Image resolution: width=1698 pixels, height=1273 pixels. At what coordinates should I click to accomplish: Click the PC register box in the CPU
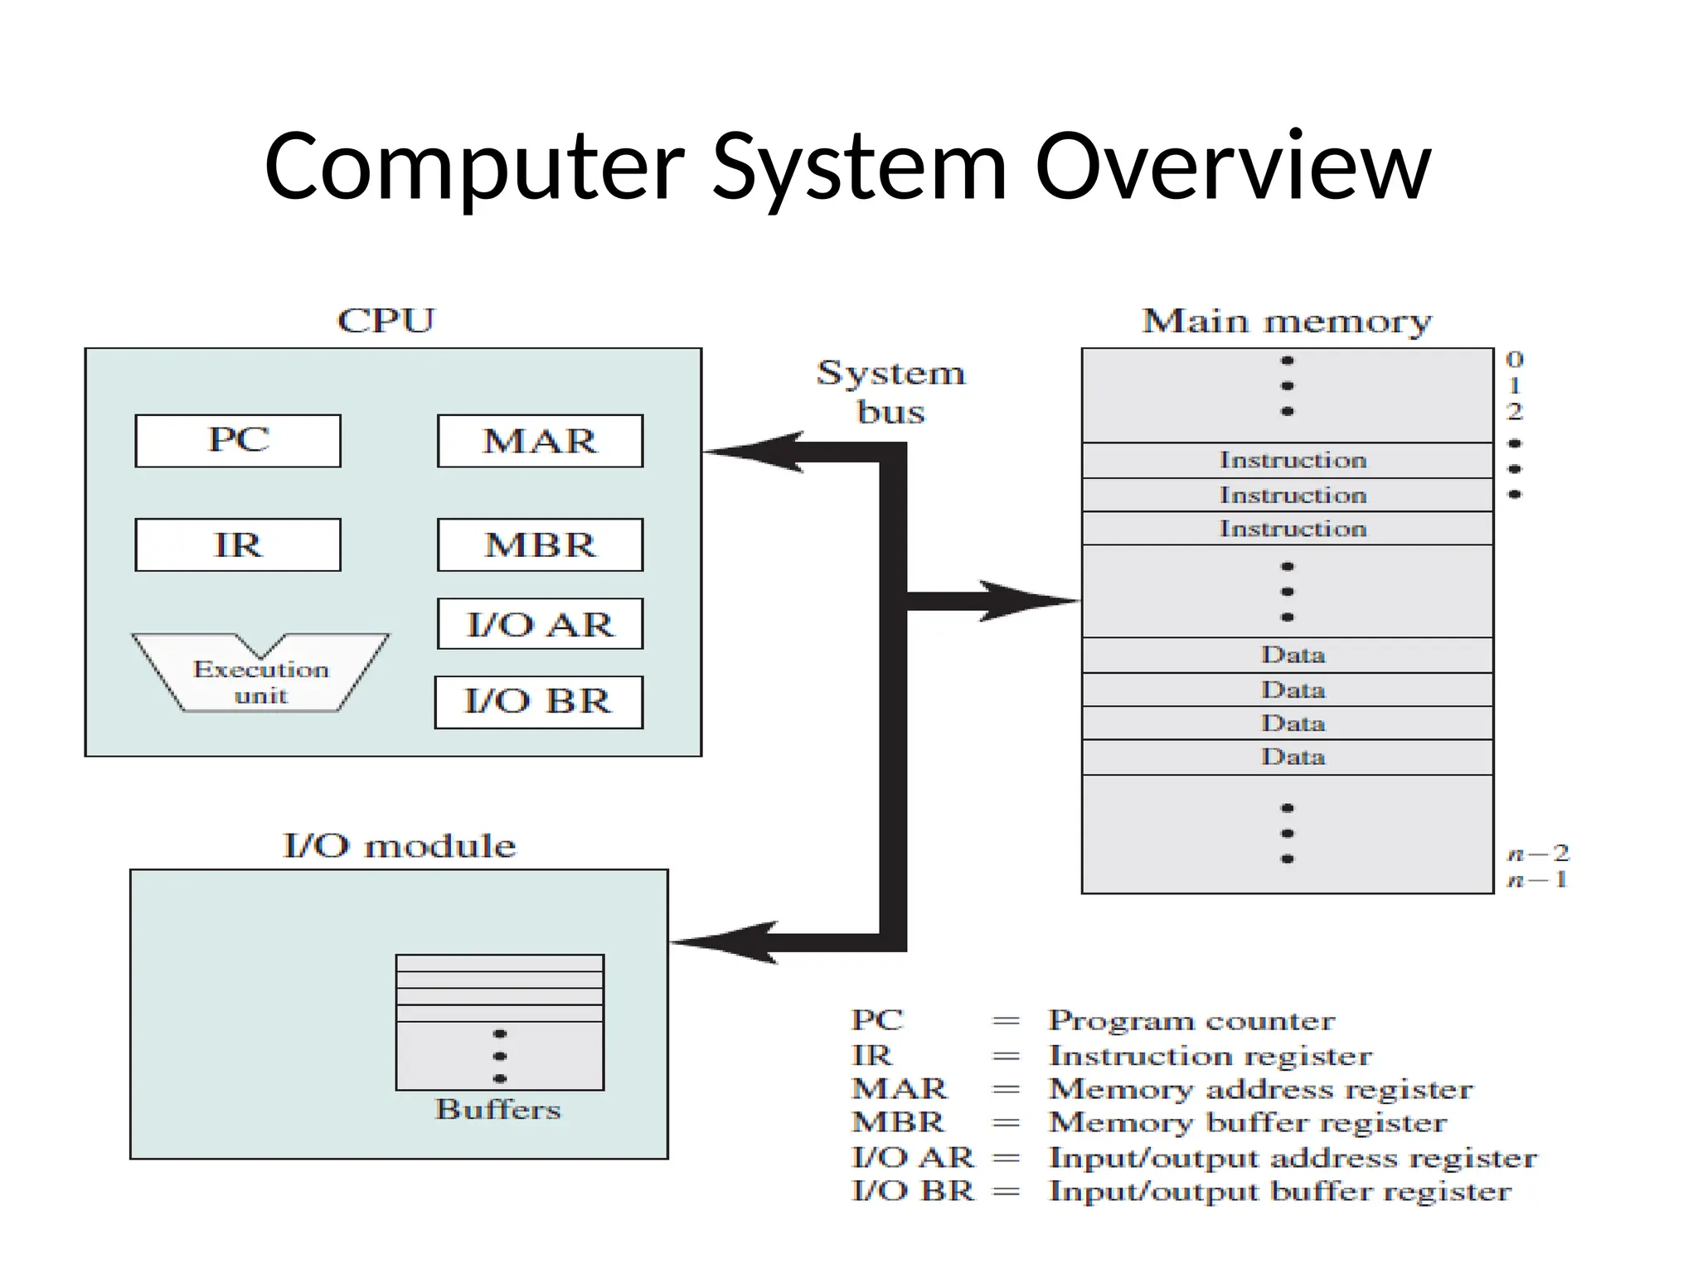[x=238, y=440]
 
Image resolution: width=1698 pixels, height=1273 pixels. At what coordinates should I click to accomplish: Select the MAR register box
[x=540, y=441]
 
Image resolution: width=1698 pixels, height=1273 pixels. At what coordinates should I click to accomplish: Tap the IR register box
[x=238, y=545]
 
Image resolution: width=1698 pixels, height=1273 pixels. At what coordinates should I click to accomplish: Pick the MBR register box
[x=540, y=545]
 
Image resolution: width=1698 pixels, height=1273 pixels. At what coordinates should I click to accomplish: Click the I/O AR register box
[x=540, y=624]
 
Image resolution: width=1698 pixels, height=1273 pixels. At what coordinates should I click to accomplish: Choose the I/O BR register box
[x=538, y=702]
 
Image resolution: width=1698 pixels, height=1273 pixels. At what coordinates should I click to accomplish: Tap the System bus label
[x=890, y=391]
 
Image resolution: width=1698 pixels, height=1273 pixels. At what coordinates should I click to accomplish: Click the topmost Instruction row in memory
[x=1288, y=460]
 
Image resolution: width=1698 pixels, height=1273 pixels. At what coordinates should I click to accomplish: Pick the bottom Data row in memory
[x=1288, y=757]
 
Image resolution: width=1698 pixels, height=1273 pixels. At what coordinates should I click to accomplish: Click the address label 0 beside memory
[x=1514, y=360]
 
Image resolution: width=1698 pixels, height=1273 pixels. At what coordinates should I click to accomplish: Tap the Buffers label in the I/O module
[x=498, y=1109]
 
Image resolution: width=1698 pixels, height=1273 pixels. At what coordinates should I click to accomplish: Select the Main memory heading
[x=1287, y=321]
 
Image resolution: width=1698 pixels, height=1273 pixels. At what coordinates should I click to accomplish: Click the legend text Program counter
[x=1191, y=1020]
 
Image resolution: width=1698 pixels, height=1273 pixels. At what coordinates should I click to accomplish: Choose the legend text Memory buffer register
[x=1248, y=1122]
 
